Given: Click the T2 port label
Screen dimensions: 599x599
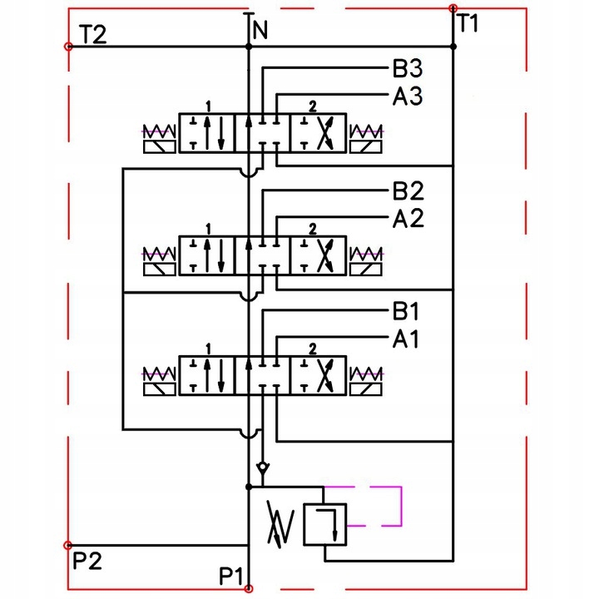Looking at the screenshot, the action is click(93, 34).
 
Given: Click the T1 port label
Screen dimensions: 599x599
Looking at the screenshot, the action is click(468, 23).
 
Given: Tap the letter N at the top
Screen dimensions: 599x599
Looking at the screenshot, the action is click(260, 30).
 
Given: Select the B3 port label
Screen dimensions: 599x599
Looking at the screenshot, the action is click(408, 69).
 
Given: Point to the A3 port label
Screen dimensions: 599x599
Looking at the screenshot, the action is click(408, 96).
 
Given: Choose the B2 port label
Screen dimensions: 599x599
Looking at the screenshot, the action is click(408, 191).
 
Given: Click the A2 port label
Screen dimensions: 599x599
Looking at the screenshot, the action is click(408, 218).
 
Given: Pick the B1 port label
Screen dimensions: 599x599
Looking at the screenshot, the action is click(405, 311).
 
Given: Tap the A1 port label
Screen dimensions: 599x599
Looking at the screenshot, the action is click(405, 339).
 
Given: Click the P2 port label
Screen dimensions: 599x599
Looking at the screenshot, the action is click(87, 562).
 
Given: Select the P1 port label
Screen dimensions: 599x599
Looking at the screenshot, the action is click(231, 576).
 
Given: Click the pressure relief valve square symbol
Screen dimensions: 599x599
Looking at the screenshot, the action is click(324, 524).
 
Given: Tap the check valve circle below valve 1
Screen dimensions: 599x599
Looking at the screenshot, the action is click(262, 468).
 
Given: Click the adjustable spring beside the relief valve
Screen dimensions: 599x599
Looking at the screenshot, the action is click(281, 523).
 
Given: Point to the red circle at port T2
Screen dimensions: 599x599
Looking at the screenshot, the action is click(68, 47).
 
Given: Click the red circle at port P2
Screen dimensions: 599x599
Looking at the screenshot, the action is click(67, 545).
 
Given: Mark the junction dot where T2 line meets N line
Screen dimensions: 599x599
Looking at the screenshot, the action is click(249, 47).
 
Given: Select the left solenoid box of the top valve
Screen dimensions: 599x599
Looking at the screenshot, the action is click(159, 146).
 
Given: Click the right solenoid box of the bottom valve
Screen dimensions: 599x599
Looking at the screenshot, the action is click(365, 389).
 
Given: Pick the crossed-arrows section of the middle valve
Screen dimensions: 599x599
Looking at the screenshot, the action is click(318, 255).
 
